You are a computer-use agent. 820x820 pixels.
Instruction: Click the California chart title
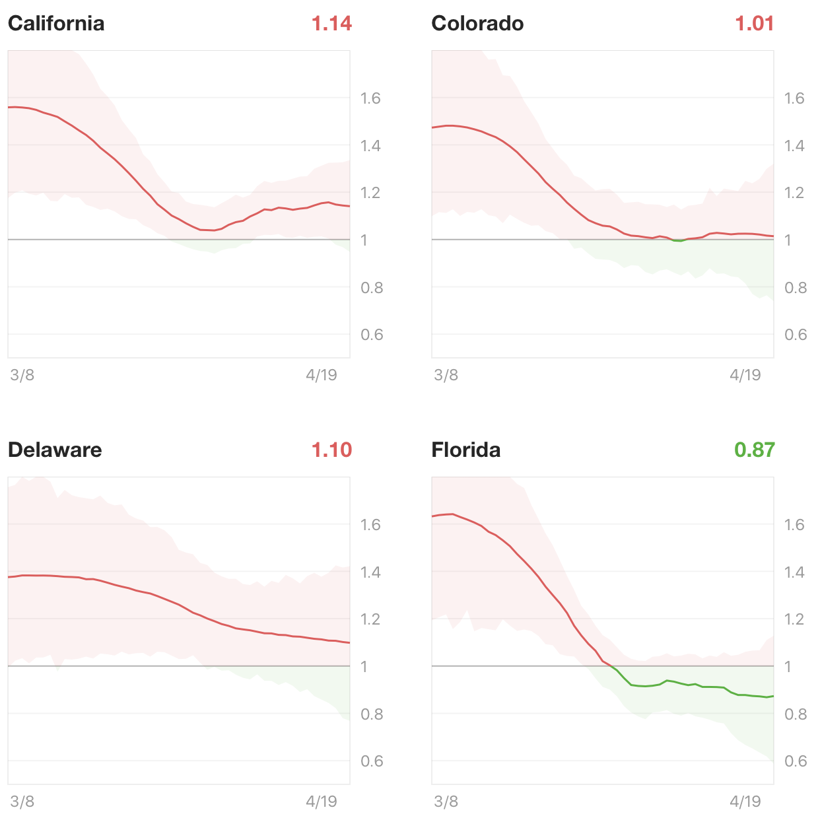56,24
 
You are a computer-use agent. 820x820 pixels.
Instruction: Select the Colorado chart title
477,24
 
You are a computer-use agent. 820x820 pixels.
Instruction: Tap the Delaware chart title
55,450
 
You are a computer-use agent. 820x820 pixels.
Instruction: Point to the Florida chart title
465,450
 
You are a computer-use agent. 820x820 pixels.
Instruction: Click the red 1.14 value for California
331,24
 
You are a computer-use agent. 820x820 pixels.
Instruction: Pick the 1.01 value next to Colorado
755,24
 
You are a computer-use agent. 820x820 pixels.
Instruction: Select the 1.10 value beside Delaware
331,450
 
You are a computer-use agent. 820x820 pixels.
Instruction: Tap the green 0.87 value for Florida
755,450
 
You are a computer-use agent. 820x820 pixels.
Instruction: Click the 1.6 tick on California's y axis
370,98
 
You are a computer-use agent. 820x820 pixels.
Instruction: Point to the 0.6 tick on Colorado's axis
795,335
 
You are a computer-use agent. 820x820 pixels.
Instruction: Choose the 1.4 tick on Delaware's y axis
370,572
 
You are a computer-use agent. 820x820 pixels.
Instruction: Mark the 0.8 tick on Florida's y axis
795,714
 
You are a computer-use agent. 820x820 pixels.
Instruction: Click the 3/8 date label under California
22,376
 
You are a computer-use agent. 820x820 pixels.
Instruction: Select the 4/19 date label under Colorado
745,376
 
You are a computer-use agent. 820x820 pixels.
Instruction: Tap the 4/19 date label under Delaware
322,802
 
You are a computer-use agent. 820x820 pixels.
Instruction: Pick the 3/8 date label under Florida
446,802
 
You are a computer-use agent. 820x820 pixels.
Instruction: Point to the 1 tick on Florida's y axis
788,667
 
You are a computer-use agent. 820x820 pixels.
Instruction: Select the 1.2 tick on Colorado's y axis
795,193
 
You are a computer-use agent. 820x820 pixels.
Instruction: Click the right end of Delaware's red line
348,642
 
